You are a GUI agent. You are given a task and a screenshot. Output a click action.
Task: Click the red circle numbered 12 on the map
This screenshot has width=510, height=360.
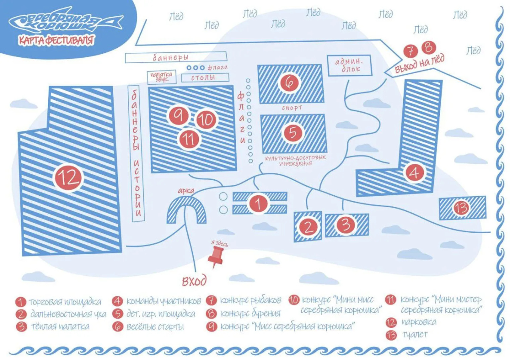coord(68,177)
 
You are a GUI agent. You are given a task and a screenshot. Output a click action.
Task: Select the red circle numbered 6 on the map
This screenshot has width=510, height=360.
coord(289,83)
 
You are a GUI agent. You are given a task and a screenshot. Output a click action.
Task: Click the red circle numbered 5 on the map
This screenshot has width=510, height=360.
coord(293,132)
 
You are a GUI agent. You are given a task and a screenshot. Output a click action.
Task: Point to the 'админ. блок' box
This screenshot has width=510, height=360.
coord(349,65)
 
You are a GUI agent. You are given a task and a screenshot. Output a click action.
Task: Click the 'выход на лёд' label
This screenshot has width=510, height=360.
coord(419,64)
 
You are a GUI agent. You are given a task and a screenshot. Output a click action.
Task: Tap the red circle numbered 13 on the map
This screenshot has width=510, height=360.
coord(461,207)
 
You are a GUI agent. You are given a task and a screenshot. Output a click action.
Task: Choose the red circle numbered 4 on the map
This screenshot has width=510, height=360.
coord(414,172)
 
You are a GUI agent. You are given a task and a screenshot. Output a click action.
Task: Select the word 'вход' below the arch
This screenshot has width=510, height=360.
coord(194,280)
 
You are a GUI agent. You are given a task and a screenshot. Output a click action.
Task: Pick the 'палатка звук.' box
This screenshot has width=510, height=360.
coord(162,77)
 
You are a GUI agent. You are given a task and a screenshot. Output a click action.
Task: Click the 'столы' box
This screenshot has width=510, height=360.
coord(205,77)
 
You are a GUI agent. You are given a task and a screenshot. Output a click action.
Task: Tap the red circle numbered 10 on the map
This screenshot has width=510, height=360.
coord(206,120)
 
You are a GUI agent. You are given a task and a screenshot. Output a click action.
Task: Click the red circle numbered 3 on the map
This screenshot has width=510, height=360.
coord(346,224)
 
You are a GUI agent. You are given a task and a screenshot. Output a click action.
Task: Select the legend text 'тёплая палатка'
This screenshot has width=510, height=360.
coord(60,326)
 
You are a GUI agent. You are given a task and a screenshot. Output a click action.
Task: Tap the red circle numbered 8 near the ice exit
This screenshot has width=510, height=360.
coord(428,47)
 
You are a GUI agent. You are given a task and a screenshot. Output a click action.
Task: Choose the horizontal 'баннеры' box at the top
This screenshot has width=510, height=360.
coord(176,58)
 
